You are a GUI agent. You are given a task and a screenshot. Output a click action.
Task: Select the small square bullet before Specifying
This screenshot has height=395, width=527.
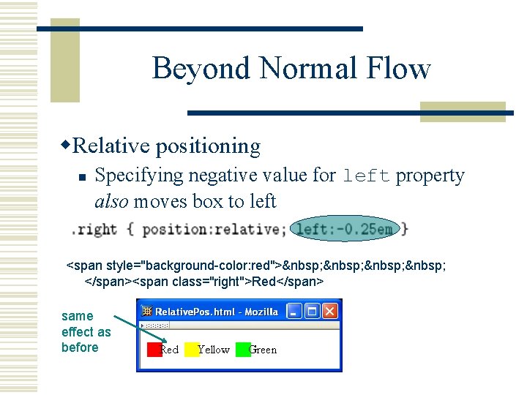tap(83, 177)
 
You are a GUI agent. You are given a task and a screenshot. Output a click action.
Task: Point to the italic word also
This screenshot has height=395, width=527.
tap(112, 201)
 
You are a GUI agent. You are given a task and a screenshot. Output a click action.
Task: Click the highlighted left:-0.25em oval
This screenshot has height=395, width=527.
tap(345, 229)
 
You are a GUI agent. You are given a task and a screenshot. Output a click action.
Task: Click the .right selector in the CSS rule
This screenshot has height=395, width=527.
tap(94, 229)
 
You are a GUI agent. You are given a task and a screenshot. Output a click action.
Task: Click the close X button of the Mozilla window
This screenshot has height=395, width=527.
tap(330, 312)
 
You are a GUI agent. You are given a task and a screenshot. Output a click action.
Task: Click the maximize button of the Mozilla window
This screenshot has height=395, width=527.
tap(313, 312)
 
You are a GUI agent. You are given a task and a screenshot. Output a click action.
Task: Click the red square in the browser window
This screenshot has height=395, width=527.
tap(154, 350)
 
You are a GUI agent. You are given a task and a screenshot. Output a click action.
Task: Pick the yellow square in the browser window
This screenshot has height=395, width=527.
tap(191, 350)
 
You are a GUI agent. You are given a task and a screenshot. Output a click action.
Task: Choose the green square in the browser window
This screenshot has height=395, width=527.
tap(243, 350)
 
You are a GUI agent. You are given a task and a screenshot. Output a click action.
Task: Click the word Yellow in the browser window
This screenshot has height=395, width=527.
tap(214, 350)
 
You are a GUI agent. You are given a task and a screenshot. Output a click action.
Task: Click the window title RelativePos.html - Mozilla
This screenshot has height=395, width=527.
tap(216, 312)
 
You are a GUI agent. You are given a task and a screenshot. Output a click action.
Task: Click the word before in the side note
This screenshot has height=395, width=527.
tap(80, 347)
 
